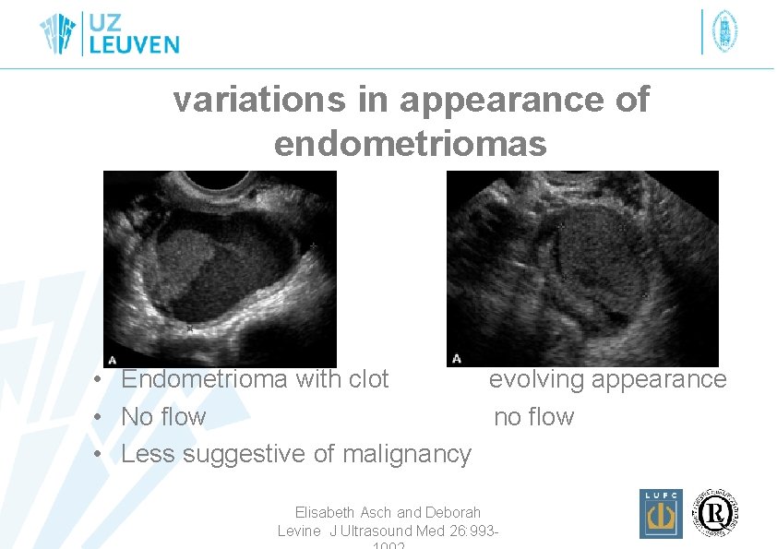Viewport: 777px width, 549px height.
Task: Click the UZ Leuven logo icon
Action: [x=61, y=34]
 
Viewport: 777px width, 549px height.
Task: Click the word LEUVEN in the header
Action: [x=134, y=44]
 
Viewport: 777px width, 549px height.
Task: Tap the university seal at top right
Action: [x=724, y=32]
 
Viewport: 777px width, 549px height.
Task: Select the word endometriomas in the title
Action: [x=410, y=144]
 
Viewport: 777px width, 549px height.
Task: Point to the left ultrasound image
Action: [x=220, y=269]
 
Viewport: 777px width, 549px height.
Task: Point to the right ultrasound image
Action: [x=581, y=269]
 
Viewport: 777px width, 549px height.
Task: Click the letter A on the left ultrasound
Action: [x=113, y=359]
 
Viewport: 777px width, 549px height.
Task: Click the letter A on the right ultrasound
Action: [x=456, y=359]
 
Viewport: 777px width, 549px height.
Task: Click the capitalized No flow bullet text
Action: [x=163, y=417]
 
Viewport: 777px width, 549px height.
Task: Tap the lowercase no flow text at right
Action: [x=533, y=417]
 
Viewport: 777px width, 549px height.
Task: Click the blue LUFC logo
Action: [x=661, y=513]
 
